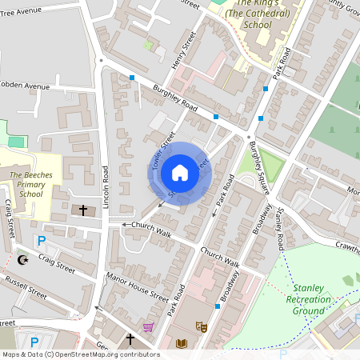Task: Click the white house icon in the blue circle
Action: [x=180, y=173]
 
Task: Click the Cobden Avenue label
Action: [x=24, y=85]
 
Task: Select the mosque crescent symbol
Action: [x=23, y=260]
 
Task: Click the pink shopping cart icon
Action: [x=148, y=326]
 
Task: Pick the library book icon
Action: [x=180, y=344]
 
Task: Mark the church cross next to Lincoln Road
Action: [x=82, y=210]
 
